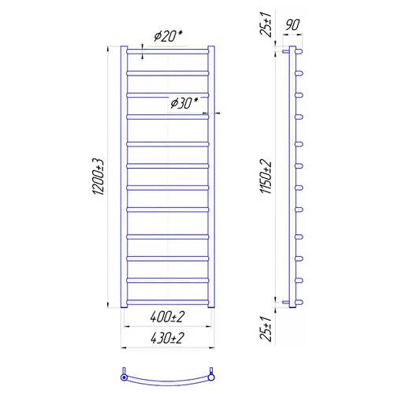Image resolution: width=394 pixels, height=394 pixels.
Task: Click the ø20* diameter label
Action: point(168,36)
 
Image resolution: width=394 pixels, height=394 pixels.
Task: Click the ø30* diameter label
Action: point(184,102)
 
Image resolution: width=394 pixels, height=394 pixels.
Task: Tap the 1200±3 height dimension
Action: point(98,177)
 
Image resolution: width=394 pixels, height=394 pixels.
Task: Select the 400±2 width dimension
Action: point(168,317)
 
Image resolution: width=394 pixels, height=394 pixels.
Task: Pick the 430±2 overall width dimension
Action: point(168,338)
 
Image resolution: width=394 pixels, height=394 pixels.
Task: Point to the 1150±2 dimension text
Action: point(266,177)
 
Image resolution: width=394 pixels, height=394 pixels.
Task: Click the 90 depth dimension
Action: point(292,25)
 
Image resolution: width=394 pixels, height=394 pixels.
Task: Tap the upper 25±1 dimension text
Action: point(266,24)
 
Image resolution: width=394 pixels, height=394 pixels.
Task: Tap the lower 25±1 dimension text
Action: point(266,329)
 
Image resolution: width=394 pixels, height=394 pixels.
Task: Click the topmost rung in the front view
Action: point(168,51)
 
